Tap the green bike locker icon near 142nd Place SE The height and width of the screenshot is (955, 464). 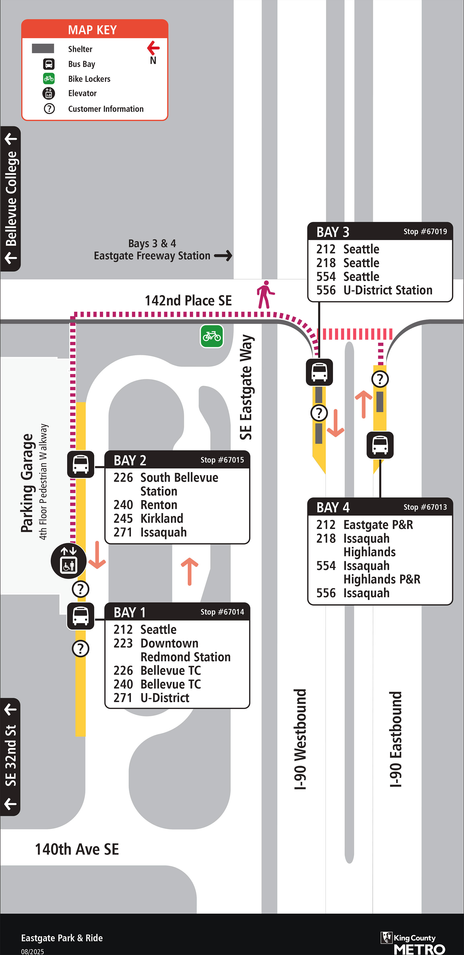click(212, 336)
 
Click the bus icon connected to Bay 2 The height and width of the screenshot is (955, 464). click(80, 464)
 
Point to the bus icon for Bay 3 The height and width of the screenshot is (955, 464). click(319, 372)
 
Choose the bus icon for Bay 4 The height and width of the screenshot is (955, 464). click(380, 445)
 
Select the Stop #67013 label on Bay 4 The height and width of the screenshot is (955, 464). click(425, 507)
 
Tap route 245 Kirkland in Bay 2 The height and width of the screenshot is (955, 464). click(148, 518)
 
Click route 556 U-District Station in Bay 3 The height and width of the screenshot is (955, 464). click(374, 290)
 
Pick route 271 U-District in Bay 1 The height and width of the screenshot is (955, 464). click(151, 698)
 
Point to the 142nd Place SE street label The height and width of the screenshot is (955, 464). click(188, 300)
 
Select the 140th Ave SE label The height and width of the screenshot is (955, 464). click(77, 849)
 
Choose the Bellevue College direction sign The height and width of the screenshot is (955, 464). click(11, 199)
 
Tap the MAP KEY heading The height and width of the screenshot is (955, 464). click(92, 30)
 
